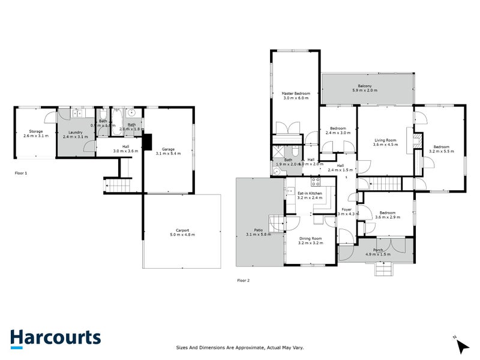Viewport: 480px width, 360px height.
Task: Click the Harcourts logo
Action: click(55, 337)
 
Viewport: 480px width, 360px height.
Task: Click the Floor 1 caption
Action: click(21, 173)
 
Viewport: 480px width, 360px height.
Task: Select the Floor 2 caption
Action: click(243, 280)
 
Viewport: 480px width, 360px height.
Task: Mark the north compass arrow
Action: click(461, 344)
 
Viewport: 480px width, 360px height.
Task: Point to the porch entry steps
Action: click(385, 269)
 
